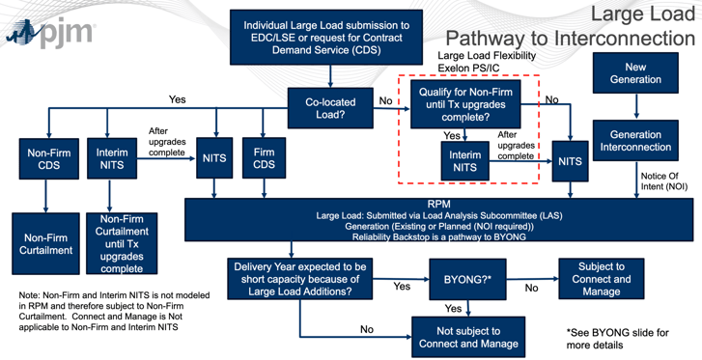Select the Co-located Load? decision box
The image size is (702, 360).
(x=330, y=108)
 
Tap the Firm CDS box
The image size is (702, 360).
(x=263, y=158)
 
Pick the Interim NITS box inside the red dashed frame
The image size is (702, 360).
(x=465, y=161)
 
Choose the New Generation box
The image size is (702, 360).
(x=635, y=73)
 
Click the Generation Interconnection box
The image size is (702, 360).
(x=635, y=141)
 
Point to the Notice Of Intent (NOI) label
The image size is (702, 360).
(x=666, y=181)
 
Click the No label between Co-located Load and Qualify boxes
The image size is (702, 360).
(x=386, y=100)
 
